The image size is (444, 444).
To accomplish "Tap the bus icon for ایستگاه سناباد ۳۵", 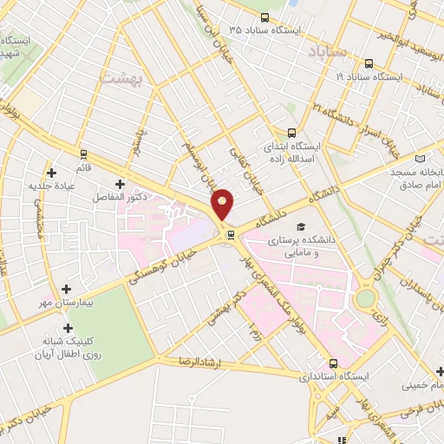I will [x=264, y=17].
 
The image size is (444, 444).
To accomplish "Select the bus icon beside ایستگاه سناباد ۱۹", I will [x=369, y=63].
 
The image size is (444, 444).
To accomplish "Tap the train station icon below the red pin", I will [x=231, y=234].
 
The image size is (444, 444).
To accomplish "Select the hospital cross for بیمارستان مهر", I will [x=67, y=289].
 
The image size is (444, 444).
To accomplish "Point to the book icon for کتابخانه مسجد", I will [x=421, y=160].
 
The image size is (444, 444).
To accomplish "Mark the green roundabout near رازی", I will [x=365, y=299].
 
